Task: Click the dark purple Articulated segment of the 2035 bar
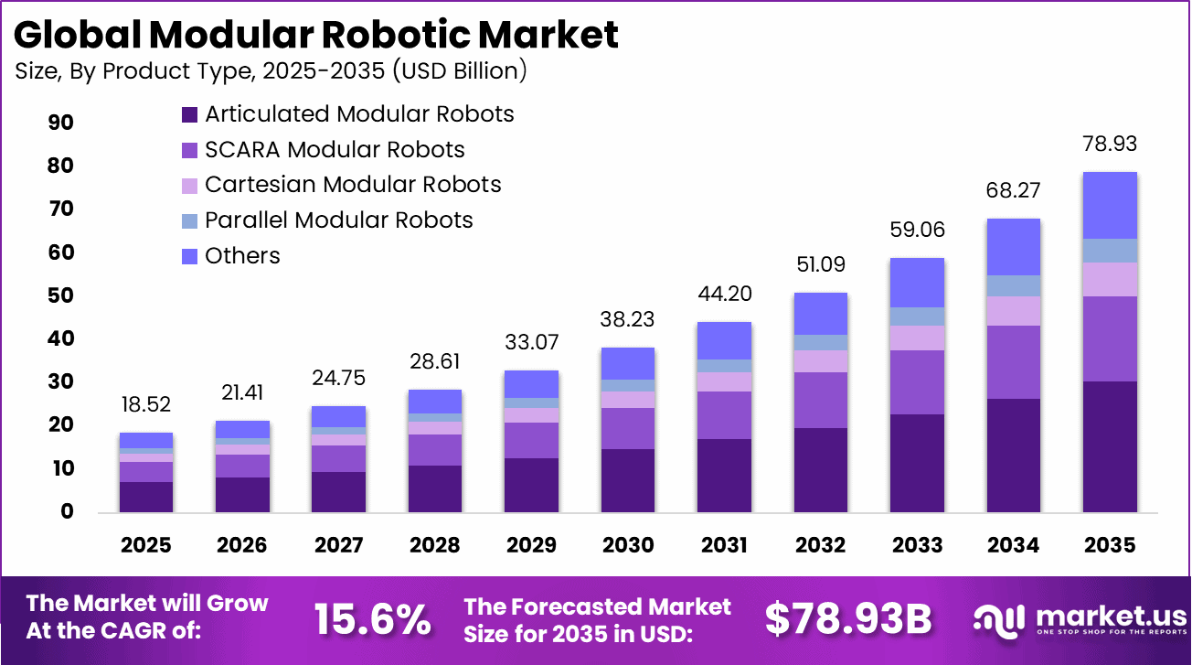click(1110, 446)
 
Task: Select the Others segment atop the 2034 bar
click(1013, 246)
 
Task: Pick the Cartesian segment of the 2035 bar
click(1110, 279)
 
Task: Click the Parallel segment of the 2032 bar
click(820, 342)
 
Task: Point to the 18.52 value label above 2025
click(145, 404)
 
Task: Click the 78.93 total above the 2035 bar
click(1110, 144)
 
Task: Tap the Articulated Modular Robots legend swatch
click(190, 114)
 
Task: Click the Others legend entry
click(242, 256)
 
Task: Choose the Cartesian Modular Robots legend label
click(353, 185)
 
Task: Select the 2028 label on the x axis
click(435, 545)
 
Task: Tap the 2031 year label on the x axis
click(724, 545)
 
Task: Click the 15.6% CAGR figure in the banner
click(372, 620)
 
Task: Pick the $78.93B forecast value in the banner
click(847, 620)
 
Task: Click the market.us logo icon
click(999, 620)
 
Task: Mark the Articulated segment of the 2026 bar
click(242, 494)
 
